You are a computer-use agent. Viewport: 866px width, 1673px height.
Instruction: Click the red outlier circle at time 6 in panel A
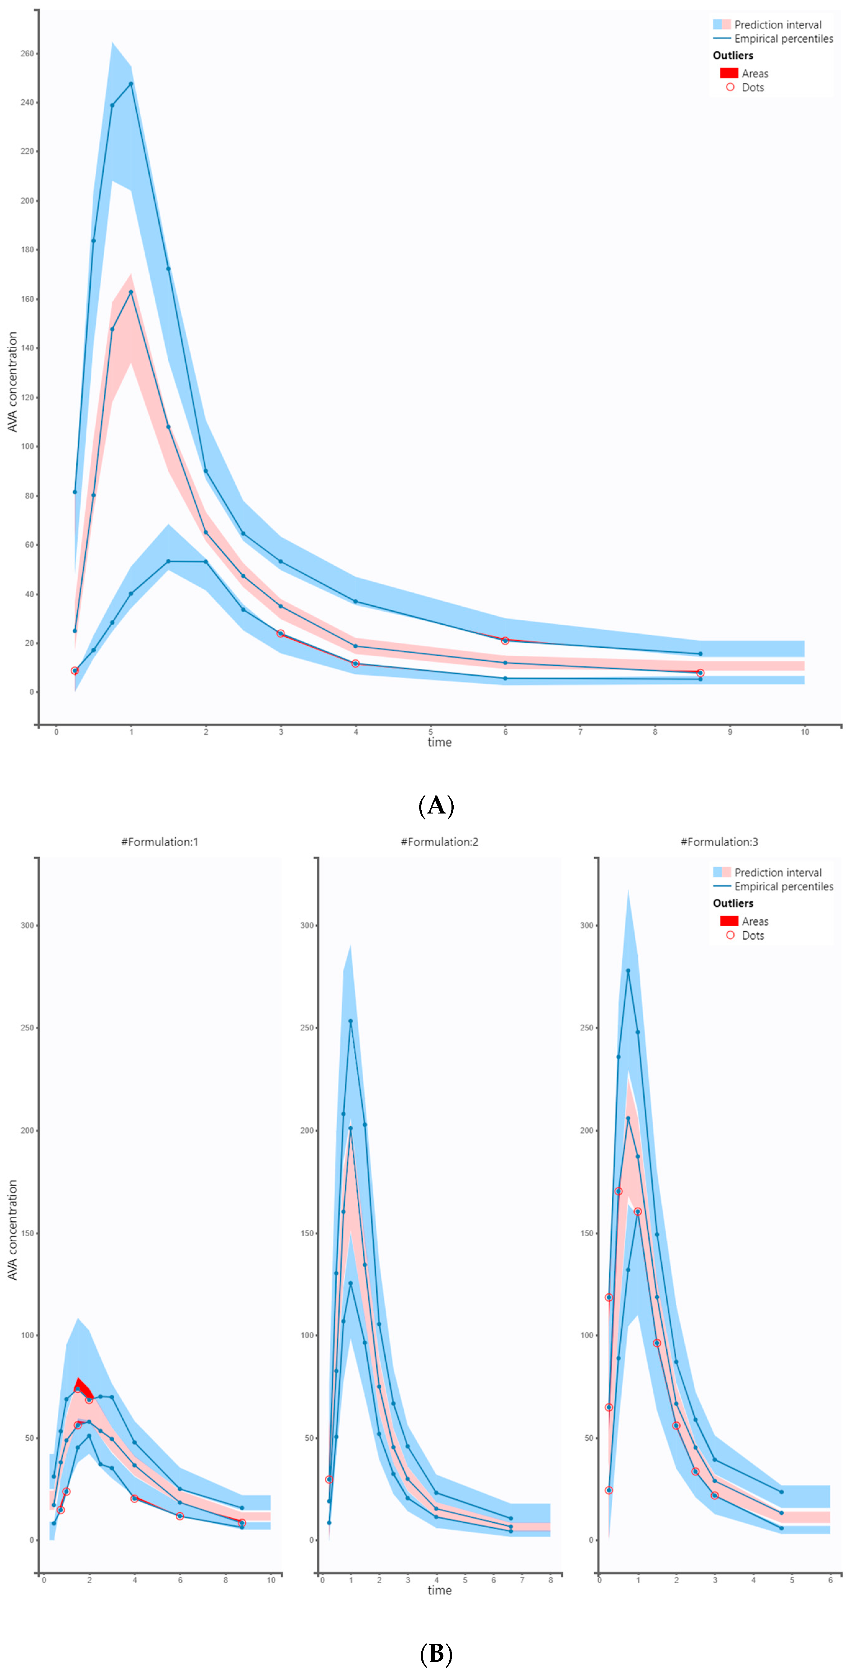point(505,640)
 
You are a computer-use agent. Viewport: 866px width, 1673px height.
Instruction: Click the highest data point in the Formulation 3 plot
point(628,971)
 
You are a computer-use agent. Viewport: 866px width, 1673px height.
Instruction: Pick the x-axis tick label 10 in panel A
point(804,732)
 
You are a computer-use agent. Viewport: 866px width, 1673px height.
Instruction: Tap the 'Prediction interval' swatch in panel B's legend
point(721,872)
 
